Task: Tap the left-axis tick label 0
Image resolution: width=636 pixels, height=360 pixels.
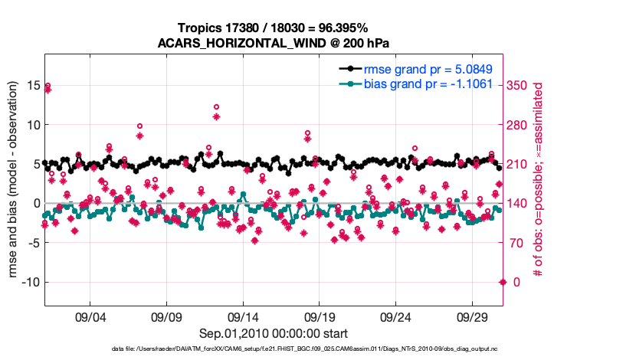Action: click(x=34, y=203)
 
